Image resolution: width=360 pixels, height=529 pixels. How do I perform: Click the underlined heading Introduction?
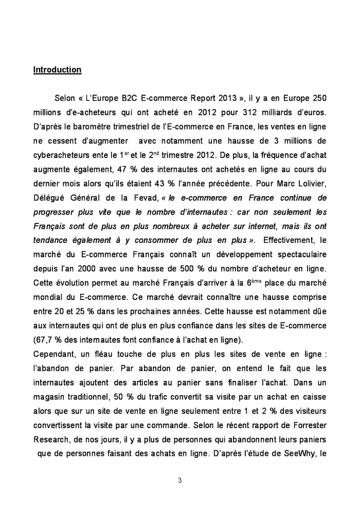pos(57,69)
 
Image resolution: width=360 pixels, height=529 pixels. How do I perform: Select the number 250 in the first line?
pos(319,98)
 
